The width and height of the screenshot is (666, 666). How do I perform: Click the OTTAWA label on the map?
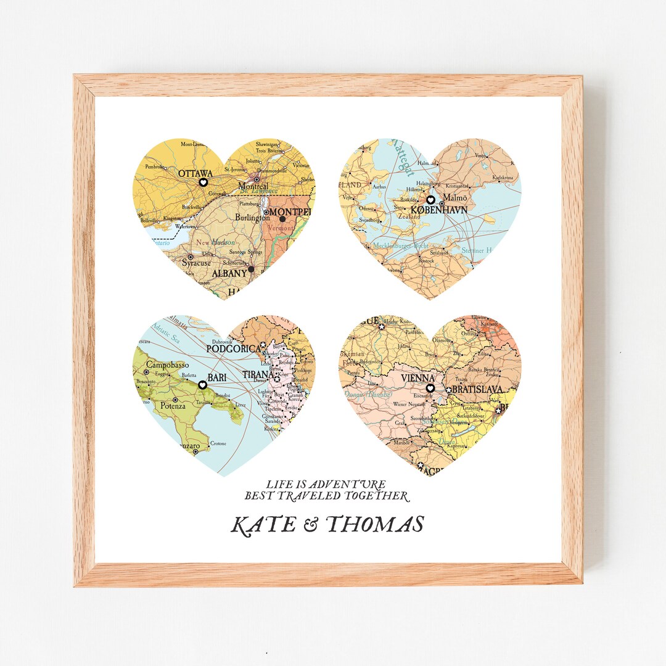[x=195, y=173]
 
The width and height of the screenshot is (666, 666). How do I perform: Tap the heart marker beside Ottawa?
[x=202, y=183]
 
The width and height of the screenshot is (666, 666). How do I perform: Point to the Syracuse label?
[x=196, y=263]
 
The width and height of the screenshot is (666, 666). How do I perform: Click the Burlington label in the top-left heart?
[x=252, y=217]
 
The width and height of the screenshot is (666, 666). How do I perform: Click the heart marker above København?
[x=430, y=200]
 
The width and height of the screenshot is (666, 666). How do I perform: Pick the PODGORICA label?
[x=234, y=349]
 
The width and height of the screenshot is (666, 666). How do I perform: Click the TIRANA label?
[x=258, y=374]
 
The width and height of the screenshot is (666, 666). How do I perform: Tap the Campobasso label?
[x=166, y=364]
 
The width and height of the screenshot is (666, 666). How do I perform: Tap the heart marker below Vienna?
[x=430, y=388]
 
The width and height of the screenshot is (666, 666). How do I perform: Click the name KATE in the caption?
[x=262, y=525]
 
